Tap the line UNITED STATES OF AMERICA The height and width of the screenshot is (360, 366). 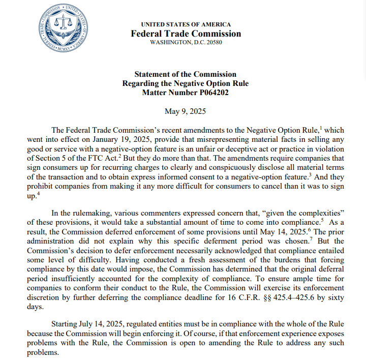(186, 24)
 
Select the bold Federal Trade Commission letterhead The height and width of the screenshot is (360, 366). (186, 34)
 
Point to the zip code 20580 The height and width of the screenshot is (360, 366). (213, 42)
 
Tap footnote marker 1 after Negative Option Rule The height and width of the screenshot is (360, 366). (307, 128)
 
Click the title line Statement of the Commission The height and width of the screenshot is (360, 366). (185, 74)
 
